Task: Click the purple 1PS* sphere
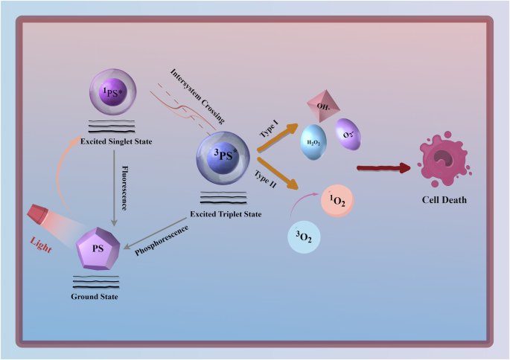[112, 92]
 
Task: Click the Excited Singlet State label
[112, 141]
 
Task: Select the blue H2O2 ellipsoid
[312, 142]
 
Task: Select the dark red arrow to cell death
[383, 168]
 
